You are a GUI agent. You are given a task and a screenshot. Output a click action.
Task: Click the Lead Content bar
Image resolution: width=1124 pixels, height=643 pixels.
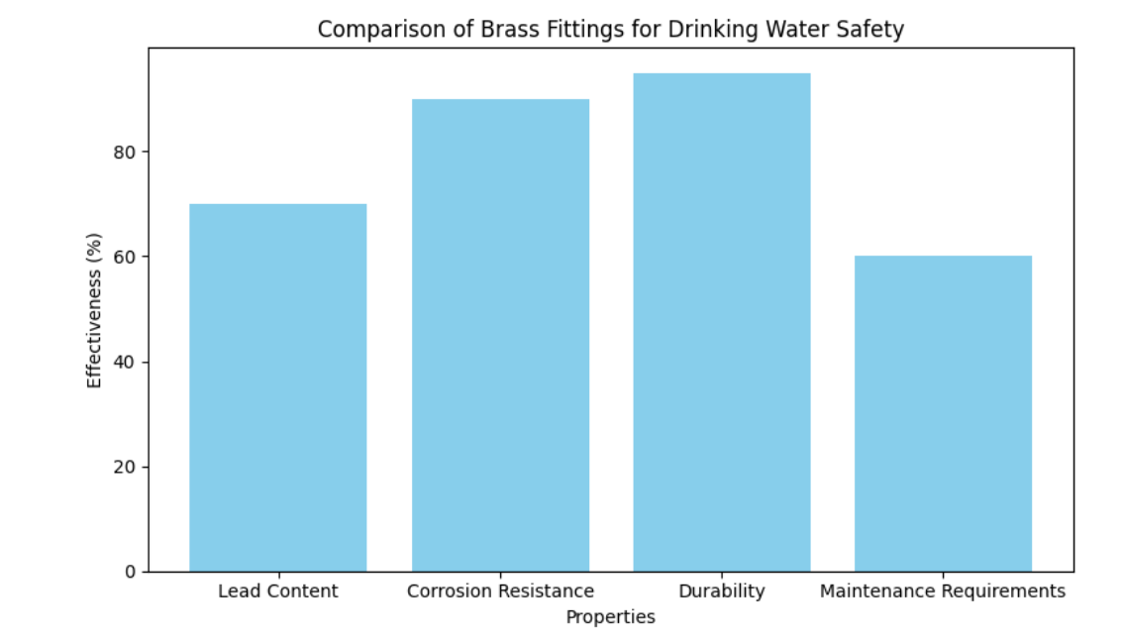click(277, 387)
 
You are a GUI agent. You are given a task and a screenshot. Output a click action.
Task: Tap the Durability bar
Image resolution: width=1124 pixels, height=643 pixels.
click(721, 322)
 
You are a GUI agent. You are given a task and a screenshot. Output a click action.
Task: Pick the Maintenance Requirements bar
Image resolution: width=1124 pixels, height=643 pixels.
click(943, 413)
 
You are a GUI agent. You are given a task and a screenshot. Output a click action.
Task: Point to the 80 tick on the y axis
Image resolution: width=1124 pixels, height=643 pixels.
click(129, 152)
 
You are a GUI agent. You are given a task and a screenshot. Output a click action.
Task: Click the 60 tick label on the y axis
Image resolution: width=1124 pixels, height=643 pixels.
click(129, 257)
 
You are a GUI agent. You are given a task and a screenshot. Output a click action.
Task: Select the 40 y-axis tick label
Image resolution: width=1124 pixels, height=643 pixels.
click(129, 362)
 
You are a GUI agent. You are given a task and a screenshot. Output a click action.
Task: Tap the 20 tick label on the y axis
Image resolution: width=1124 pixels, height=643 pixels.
click(129, 467)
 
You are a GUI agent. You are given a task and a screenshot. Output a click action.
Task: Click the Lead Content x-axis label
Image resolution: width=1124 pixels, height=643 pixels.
click(277, 591)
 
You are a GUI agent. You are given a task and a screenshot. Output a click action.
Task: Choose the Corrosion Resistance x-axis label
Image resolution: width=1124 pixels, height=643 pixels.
click(500, 591)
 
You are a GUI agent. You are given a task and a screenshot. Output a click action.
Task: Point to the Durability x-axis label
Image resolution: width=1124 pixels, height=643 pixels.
click(721, 591)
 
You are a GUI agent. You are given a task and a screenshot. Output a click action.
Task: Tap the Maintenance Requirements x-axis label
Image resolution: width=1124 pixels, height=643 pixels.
click(943, 591)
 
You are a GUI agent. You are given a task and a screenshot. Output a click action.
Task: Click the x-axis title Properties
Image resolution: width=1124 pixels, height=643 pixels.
click(610, 617)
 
